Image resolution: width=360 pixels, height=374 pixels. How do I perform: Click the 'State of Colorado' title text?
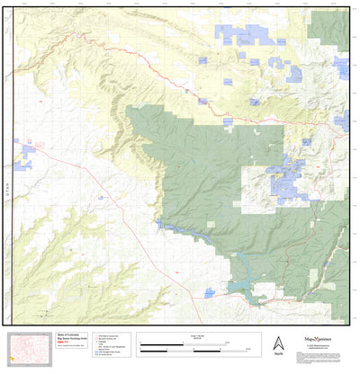point(71,334)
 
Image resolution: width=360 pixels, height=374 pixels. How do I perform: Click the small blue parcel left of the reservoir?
point(210,292)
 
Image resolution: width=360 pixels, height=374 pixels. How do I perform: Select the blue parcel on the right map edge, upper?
point(342,67)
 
